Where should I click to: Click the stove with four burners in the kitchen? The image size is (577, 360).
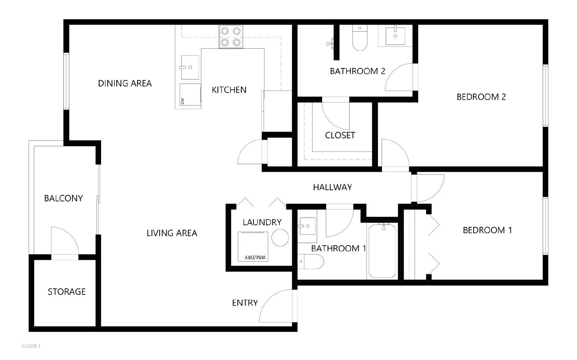(231, 37)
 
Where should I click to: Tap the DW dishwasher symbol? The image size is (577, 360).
(190, 95)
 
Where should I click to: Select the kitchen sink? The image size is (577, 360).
(190, 67)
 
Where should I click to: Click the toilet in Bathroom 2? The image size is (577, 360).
(360, 39)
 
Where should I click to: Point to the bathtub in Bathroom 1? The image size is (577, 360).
(382, 251)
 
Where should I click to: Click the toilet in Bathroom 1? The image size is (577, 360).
(311, 261)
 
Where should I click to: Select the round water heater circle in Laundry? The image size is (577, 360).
(280, 238)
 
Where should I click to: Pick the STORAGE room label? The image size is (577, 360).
(67, 292)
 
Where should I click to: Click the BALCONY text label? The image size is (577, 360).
(63, 198)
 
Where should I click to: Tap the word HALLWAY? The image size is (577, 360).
(332, 187)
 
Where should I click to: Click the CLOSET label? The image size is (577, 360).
(340, 135)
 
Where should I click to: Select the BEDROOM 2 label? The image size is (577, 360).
(481, 97)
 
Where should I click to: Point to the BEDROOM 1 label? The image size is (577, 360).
(487, 230)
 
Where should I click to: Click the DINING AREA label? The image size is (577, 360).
(125, 83)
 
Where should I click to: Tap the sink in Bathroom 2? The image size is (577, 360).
(395, 36)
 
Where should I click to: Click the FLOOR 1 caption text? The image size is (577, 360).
(31, 346)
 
